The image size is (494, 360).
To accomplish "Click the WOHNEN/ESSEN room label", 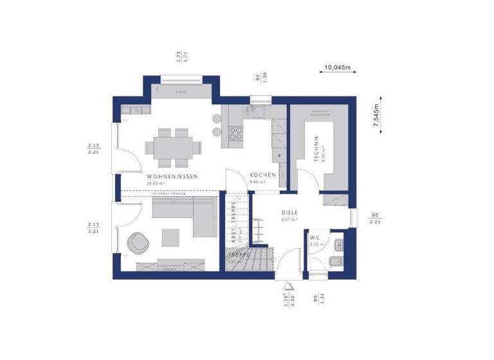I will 172,175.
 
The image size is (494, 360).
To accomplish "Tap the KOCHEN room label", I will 262,175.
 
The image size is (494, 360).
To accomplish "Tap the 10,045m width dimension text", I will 337,66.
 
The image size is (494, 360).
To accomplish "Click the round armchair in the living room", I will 140,242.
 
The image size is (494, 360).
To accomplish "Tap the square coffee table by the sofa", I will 170,237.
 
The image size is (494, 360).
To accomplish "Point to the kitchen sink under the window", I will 261,114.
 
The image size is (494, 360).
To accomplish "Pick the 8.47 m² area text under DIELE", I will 289,220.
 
